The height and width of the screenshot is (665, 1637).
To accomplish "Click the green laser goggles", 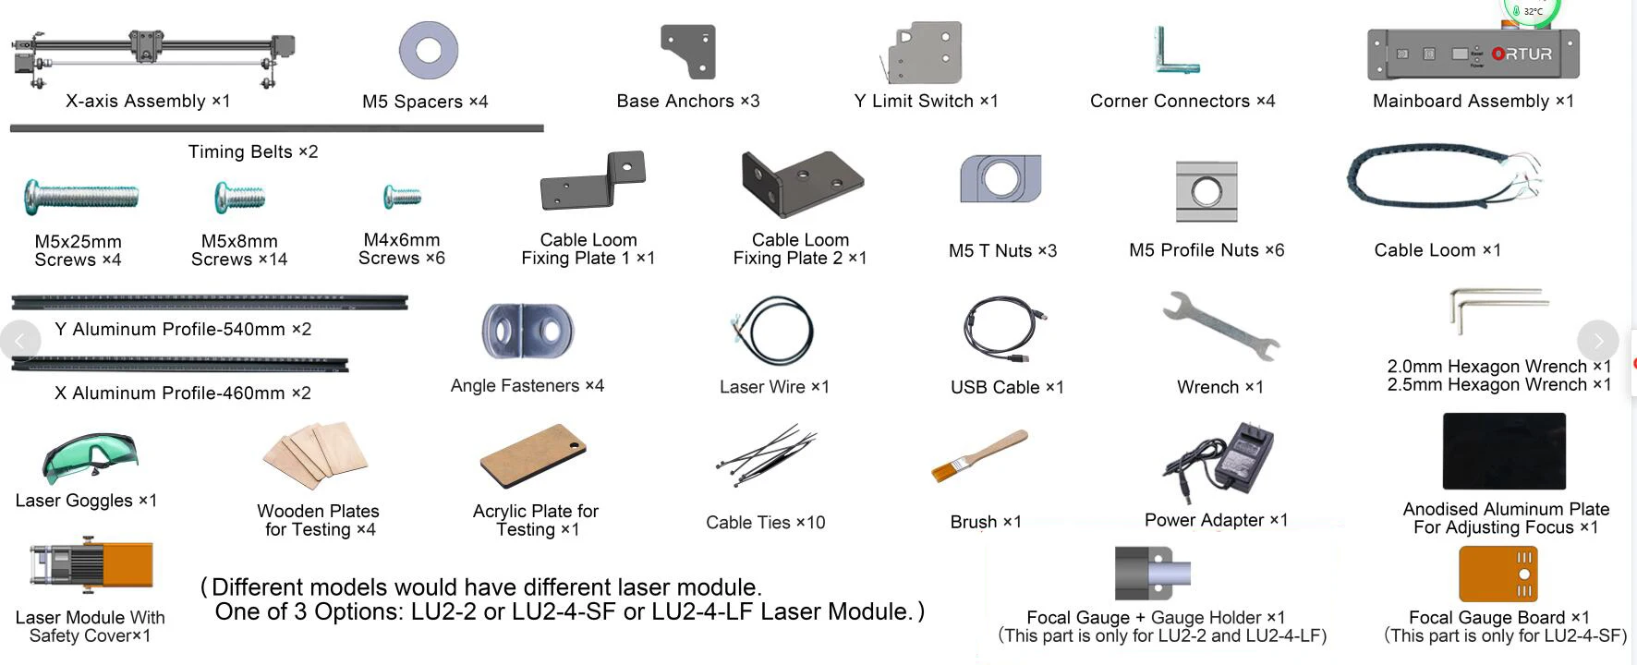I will click(x=90, y=456).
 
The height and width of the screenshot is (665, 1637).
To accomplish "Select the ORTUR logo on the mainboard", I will click(x=1522, y=54).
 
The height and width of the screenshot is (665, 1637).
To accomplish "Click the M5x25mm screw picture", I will click(x=81, y=196).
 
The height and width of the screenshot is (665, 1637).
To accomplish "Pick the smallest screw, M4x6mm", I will click(x=402, y=196).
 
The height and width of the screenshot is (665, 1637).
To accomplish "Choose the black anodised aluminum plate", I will click(x=1504, y=452).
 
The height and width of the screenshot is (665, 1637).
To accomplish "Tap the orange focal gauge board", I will click(x=1498, y=574).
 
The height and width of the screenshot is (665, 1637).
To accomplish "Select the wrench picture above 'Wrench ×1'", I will click(x=1219, y=325).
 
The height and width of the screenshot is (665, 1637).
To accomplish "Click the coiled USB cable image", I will click(x=1004, y=330).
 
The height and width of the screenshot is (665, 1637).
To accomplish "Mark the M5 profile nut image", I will click(x=1206, y=191).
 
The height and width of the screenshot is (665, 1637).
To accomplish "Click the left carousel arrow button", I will click(x=20, y=341).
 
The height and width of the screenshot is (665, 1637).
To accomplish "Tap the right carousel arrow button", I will click(x=1597, y=341).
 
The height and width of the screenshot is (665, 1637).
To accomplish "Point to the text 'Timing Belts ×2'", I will click(x=253, y=151).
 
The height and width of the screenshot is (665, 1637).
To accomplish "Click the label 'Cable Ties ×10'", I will click(x=765, y=523).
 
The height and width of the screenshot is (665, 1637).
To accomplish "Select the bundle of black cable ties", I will click(x=764, y=453).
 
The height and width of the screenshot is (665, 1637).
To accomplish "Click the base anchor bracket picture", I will click(x=689, y=51).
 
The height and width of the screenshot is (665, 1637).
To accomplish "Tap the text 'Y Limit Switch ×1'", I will click(x=926, y=101).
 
